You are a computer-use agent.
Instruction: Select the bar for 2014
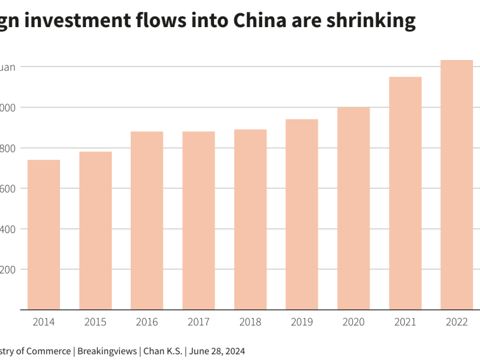44,234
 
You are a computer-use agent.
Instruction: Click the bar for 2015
95,231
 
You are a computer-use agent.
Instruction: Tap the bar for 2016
147,220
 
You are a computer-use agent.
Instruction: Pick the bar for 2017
198,220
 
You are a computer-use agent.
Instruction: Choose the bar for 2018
250,219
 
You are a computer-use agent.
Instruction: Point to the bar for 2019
302,214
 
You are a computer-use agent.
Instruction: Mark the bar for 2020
354,208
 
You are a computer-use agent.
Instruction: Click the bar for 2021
405,193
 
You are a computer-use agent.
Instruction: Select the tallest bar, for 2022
457,184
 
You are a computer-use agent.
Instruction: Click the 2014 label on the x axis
44,322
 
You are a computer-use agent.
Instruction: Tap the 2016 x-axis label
147,322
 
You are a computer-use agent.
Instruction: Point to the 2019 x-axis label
302,322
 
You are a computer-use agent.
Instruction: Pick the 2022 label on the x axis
457,322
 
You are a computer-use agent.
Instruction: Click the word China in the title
259,21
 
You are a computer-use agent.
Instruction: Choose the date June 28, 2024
217,351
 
